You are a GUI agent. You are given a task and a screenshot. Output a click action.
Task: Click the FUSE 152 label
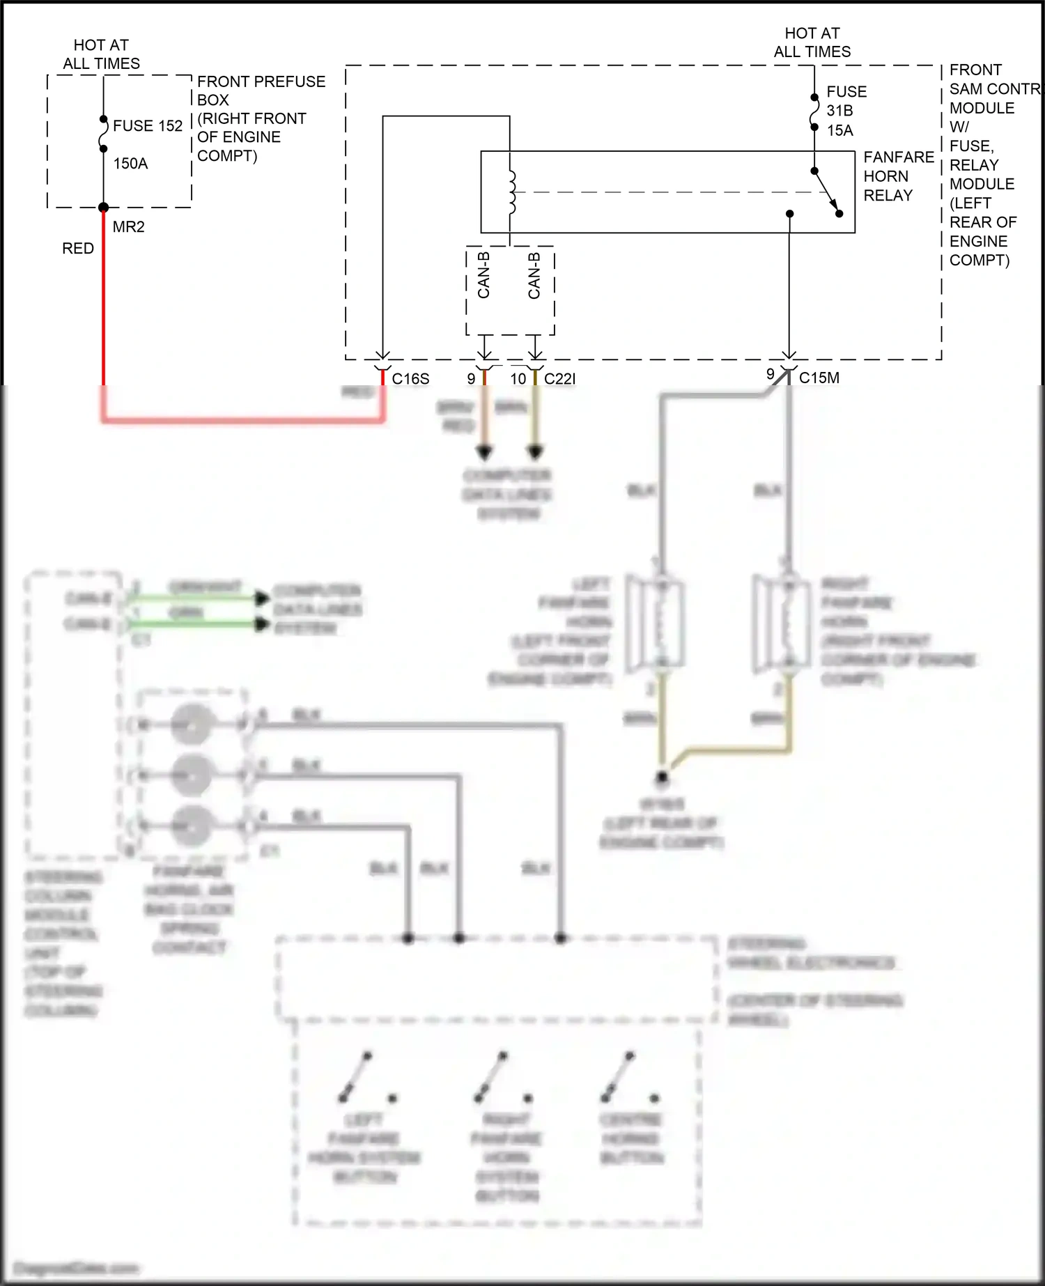click(147, 126)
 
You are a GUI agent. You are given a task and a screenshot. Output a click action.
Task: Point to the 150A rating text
click(130, 164)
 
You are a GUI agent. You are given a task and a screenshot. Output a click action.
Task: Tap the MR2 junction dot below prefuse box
click(103, 207)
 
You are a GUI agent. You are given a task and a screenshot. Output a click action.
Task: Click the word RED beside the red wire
click(77, 249)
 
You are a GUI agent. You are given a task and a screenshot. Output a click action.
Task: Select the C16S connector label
click(410, 379)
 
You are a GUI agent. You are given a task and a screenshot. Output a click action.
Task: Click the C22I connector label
click(559, 379)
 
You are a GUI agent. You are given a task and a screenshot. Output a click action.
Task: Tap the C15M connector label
click(819, 378)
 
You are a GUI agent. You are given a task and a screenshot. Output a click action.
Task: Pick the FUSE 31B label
click(846, 101)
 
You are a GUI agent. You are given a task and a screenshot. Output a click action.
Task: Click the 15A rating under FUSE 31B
click(839, 130)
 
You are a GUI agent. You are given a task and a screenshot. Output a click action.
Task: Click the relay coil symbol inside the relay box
click(512, 192)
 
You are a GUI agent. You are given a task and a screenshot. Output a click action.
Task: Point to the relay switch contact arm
click(827, 192)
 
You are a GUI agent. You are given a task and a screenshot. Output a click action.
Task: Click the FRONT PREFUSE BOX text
click(261, 91)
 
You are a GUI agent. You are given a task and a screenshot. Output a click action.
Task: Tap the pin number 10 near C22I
click(518, 379)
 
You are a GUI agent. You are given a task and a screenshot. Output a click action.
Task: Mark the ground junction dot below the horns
click(662, 776)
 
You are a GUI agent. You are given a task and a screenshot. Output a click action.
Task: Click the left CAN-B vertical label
click(484, 275)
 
